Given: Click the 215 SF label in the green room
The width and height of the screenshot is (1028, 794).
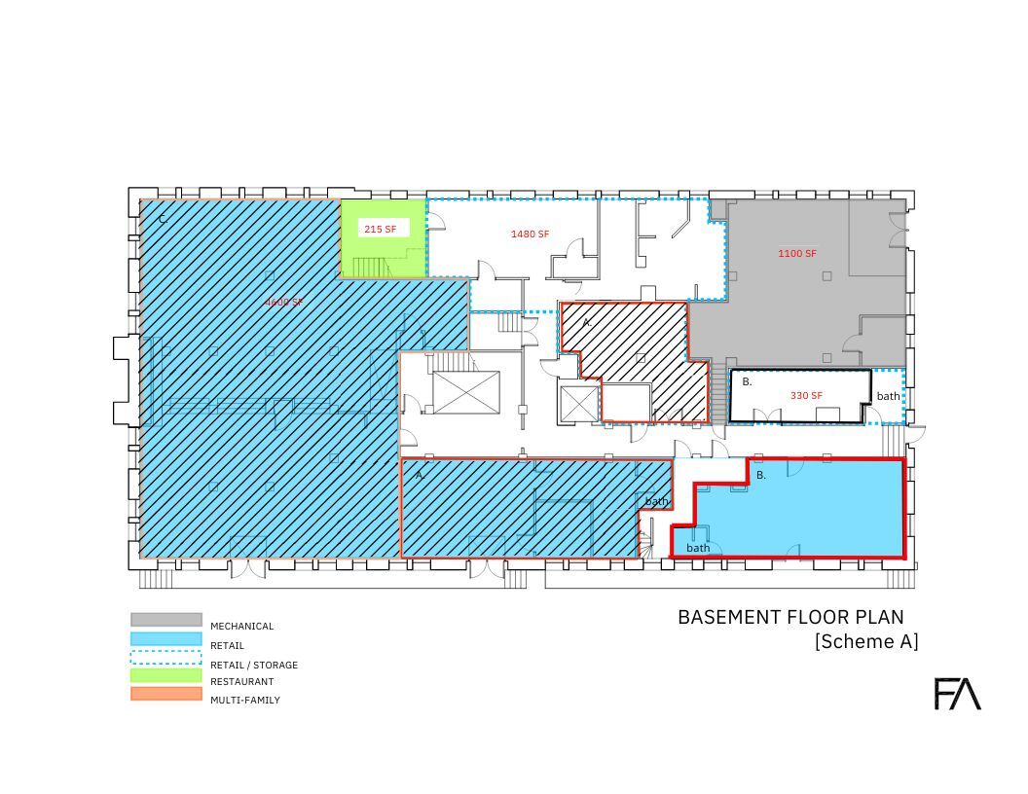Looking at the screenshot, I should [380, 229].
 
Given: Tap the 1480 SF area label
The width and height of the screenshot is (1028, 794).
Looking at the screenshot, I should [530, 234].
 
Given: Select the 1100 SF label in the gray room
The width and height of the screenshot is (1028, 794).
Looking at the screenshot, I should [796, 253].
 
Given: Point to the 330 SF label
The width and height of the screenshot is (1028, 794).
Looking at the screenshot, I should [806, 395].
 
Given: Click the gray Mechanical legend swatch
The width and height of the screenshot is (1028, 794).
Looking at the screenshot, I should [166, 620].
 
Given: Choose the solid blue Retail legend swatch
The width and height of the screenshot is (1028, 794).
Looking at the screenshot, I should [166, 639].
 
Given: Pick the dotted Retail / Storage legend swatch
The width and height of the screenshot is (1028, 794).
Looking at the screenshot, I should [166, 657].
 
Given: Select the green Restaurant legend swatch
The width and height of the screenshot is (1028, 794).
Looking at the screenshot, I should [166, 675].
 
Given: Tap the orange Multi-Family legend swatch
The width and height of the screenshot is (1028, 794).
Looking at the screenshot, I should [166, 695].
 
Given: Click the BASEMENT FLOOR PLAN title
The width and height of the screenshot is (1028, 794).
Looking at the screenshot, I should [790, 617].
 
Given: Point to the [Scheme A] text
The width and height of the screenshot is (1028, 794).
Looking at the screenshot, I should [865, 641].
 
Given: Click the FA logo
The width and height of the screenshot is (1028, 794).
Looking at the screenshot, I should [957, 694].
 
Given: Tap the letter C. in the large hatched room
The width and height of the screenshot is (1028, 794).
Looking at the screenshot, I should [163, 219].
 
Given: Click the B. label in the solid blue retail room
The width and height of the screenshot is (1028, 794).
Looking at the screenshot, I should [761, 475].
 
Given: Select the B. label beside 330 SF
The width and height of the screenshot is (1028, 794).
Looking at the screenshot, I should [747, 381].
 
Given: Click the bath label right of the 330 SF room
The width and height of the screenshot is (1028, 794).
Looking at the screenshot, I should [888, 396].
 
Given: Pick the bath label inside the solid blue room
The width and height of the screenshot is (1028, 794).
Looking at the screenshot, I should [698, 548].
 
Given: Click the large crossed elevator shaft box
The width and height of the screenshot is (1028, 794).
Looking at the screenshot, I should [466, 392].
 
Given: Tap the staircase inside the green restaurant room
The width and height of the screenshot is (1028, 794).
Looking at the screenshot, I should [371, 266].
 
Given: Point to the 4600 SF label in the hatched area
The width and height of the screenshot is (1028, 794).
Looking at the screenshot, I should [284, 302].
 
